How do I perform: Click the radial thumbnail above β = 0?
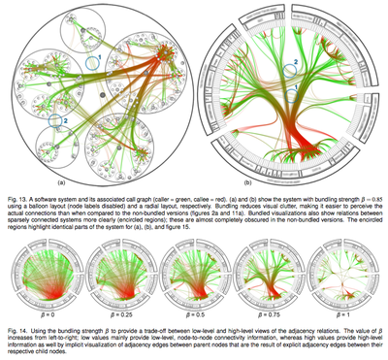pos(40,278)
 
